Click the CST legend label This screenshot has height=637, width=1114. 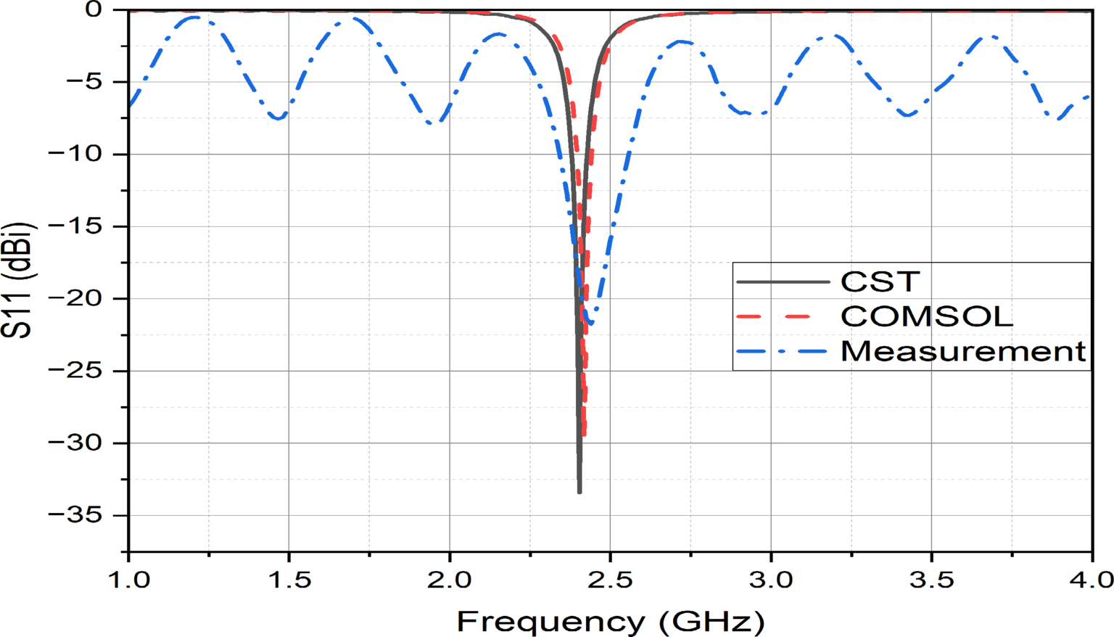coord(880,281)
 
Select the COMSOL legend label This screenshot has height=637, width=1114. coord(926,316)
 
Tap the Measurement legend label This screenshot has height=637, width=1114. coord(963,351)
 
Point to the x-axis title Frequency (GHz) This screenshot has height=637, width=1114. coord(610,622)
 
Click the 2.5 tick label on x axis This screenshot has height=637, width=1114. coord(610,580)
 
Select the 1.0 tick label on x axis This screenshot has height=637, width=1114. coord(129,580)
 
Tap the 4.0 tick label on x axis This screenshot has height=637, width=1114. coord(1092,580)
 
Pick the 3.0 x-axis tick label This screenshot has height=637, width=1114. coord(771,580)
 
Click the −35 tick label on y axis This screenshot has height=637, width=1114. coord(79,515)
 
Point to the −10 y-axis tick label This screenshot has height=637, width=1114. coord(79,154)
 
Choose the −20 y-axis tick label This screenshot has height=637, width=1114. coord(79,298)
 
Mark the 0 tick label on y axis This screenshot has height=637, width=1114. coord(94,10)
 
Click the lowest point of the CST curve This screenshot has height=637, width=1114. coord(579,492)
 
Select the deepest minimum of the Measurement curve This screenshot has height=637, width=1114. coord(591,324)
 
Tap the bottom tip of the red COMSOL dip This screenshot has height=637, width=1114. coord(584,435)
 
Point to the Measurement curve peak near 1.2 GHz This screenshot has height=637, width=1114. coord(194,17)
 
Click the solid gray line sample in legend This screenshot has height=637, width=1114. coord(782,281)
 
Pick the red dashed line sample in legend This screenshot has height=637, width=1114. coord(782,316)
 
